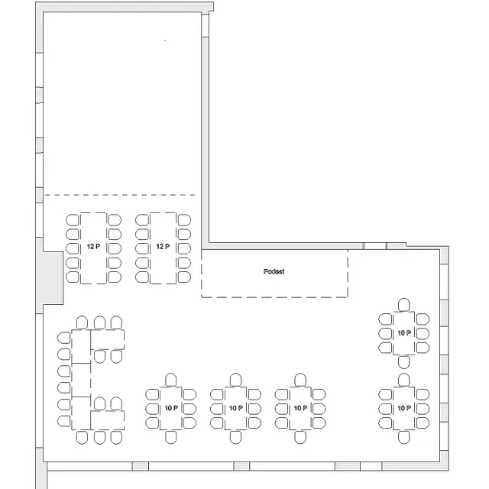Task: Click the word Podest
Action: (274, 272)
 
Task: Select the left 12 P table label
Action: (93, 247)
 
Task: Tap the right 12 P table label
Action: (163, 247)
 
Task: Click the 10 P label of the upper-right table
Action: (404, 333)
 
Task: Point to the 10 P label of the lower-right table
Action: (404, 408)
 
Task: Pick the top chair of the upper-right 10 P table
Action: (404, 305)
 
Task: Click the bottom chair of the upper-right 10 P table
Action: (404, 361)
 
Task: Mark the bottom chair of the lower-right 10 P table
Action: (404, 437)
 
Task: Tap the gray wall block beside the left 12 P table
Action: (53, 278)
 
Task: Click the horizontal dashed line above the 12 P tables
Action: (120, 195)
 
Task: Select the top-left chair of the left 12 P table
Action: (73, 220)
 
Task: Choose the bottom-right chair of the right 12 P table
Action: (184, 277)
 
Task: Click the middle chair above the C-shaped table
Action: (100, 322)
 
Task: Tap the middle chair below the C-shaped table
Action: (100, 437)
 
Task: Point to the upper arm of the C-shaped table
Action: (107, 339)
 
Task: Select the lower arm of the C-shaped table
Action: (107, 420)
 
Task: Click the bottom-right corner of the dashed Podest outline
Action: (348, 297)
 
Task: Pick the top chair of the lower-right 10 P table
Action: (404, 381)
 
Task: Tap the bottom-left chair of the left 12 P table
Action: (73, 277)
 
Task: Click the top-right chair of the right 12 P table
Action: (184, 220)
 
